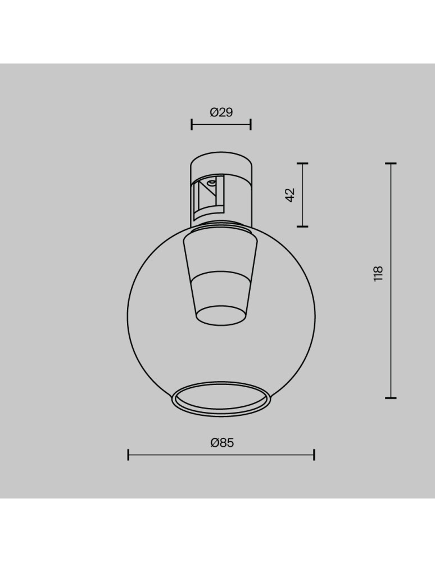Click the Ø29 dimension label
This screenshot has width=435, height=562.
pos(221,112)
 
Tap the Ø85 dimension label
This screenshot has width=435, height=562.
pos(221,442)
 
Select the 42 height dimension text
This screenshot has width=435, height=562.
pos(290,195)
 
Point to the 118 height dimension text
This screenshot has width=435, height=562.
pos(378,273)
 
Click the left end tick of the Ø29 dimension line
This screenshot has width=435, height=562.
pos(192,124)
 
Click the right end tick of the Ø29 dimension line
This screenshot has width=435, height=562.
pos(251,124)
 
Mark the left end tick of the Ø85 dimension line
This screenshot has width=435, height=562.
pos(129,455)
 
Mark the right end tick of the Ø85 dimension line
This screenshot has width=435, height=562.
pos(314,455)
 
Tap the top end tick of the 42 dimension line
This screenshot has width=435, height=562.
pos(302,164)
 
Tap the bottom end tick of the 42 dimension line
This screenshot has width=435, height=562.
pos(302,226)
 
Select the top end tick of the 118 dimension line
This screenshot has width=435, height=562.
pos(391,164)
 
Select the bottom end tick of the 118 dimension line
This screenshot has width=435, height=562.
pos(391,398)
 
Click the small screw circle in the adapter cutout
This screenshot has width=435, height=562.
pos(211,182)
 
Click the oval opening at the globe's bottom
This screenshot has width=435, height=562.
pos(221,400)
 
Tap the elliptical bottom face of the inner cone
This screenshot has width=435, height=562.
pos(221,315)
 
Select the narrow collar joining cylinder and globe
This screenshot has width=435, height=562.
pos(221,226)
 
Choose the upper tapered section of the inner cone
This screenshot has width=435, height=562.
pos(221,253)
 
